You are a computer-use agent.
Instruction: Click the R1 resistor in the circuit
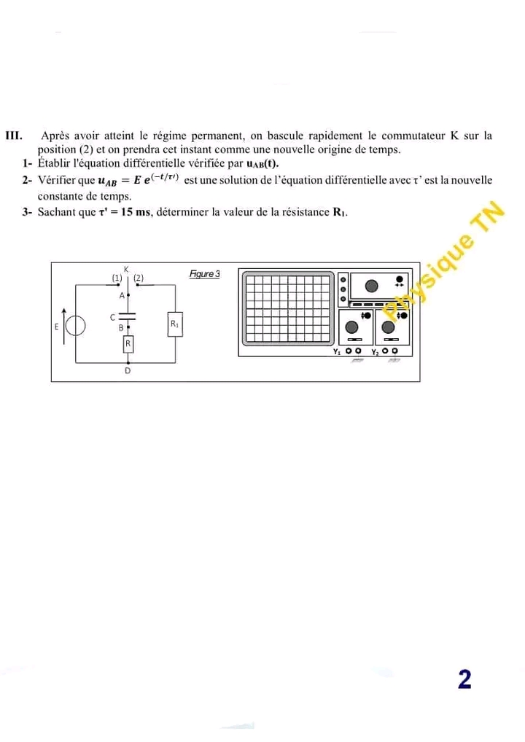175,324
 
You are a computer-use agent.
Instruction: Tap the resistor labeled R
128,343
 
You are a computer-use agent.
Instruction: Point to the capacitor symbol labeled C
128,316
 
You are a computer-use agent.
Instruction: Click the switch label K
126,270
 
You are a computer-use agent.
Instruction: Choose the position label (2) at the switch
139,278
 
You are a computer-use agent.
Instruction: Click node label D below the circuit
128,371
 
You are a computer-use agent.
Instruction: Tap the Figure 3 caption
203,273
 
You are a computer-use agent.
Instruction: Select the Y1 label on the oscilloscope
336,351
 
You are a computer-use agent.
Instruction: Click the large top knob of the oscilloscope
371,285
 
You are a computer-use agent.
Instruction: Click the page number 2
464,679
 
